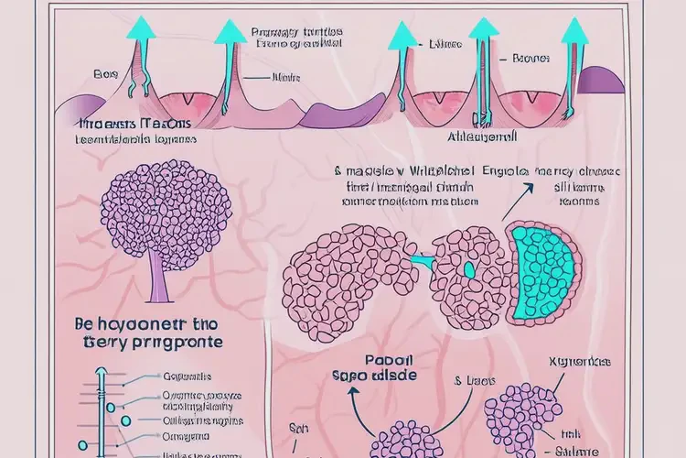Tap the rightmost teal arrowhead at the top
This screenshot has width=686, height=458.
pos(575,31)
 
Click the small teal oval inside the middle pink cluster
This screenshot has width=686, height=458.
pos(469,271)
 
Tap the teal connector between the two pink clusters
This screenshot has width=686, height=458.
pos(422,263)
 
